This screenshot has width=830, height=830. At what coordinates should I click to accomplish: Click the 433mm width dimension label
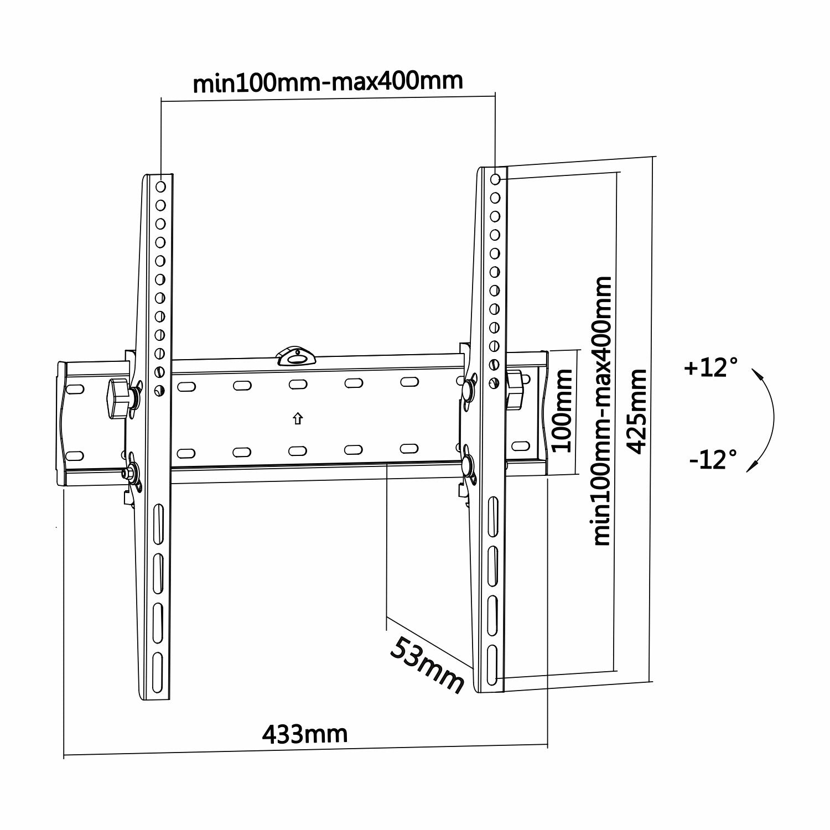click(305, 734)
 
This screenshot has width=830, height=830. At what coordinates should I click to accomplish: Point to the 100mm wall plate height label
click(563, 412)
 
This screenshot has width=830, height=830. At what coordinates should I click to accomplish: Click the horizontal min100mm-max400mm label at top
click(328, 82)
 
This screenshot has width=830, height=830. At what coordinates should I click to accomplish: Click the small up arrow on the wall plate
click(298, 419)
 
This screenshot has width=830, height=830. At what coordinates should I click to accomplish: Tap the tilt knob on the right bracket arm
click(515, 390)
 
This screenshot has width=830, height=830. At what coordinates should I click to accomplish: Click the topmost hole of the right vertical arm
click(495, 179)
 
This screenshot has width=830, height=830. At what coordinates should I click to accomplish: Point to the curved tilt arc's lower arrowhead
click(751, 466)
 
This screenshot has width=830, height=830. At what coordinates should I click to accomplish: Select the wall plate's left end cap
click(62, 423)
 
